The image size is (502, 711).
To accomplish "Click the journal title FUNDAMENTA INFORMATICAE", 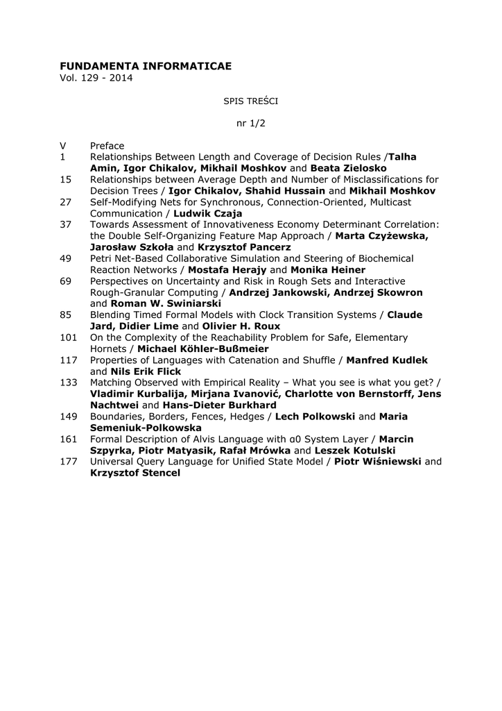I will [x=146, y=65].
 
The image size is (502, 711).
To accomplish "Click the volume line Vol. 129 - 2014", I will [x=96, y=77].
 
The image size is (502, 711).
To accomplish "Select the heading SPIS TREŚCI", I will [x=250, y=101].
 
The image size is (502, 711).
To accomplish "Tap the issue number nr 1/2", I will [x=251, y=123].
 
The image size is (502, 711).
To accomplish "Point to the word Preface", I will [x=107, y=146].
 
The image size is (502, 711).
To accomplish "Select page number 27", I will [x=66, y=202].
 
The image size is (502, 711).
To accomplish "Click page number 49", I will [x=66, y=258].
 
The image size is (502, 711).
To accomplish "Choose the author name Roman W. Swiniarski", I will [x=166, y=303].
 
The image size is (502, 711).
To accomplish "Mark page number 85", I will [x=66, y=315].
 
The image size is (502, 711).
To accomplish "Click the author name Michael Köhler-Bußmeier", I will [x=202, y=349].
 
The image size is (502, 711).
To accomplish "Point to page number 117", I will [x=68, y=360].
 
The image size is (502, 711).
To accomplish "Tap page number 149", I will [x=68, y=417].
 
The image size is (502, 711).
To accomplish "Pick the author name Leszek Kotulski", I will [x=350, y=450].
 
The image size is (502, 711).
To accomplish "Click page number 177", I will [x=68, y=462].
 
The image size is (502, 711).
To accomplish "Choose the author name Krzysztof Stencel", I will [x=135, y=473].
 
